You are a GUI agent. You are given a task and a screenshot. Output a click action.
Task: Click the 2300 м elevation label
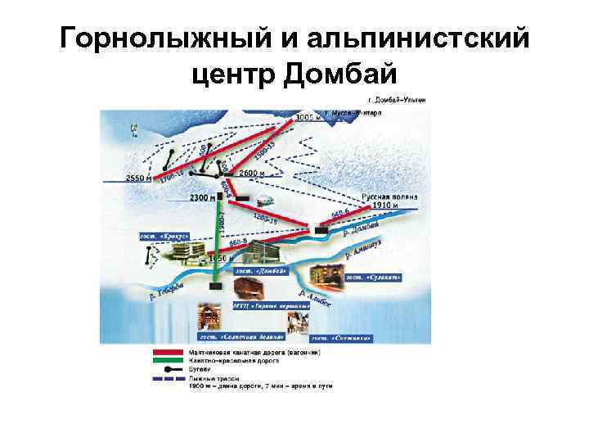(202, 197)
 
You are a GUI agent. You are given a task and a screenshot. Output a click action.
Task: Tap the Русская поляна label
(391, 196)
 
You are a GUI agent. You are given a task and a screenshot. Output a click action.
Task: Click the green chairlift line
(218, 237)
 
